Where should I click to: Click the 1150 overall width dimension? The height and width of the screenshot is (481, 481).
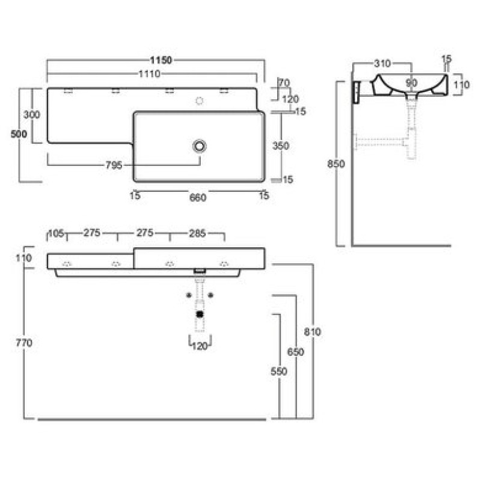pos(161,60)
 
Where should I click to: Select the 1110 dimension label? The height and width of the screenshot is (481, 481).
pos(149,74)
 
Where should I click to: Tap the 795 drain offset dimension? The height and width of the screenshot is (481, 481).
pos(114,165)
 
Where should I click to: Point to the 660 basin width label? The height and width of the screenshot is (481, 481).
pos(198,198)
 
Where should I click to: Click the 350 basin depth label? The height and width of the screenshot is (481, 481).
pos(281,146)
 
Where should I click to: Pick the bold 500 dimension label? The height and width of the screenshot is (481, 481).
pos(19,134)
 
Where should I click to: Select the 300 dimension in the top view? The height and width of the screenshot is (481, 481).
pos(32,115)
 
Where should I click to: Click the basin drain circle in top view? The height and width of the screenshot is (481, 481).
pos(200,146)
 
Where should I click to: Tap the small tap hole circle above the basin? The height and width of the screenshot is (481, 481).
pos(200,100)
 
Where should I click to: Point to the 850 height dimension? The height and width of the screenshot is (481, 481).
pos(336,164)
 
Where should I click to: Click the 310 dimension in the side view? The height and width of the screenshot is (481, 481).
pos(382,64)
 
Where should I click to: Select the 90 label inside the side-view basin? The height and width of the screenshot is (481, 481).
pos(411,83)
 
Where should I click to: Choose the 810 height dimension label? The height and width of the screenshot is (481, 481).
pos(312,332)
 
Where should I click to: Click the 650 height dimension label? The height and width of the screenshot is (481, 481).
pos(295,352)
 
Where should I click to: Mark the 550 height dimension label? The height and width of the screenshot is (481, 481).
pos(278,372)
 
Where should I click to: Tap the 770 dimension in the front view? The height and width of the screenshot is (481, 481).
pos(24,343)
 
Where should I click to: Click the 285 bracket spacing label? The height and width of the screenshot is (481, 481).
pos(197,233)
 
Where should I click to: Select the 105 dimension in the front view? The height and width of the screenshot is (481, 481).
pos(56,233)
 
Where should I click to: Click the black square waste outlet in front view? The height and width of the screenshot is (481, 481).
pos(200,314)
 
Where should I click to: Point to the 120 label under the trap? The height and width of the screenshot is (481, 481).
pos(200,346)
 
